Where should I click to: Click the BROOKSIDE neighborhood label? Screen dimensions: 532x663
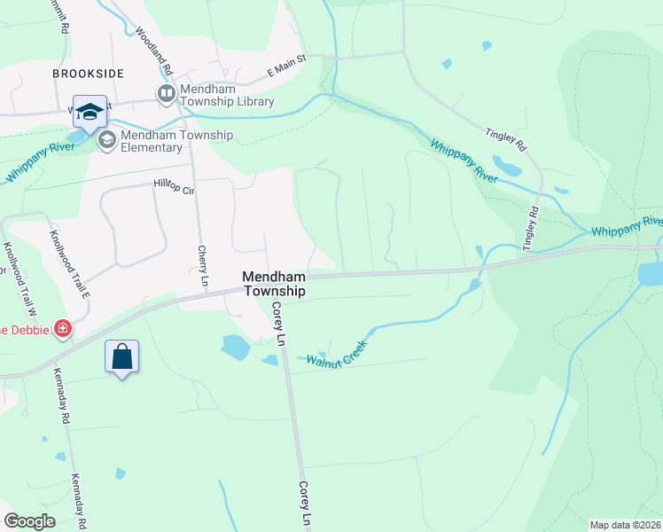(87, 74)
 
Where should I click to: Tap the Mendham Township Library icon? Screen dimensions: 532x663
(166, 93)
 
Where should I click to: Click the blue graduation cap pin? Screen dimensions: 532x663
(90, 112)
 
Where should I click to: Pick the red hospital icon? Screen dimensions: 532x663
(62, 330)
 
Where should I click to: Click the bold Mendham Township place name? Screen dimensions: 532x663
(274, 284)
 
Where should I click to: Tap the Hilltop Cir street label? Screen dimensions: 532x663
(174, 184)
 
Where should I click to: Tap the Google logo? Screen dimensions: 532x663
(29, 521)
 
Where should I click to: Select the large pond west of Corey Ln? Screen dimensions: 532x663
(235, 347)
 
